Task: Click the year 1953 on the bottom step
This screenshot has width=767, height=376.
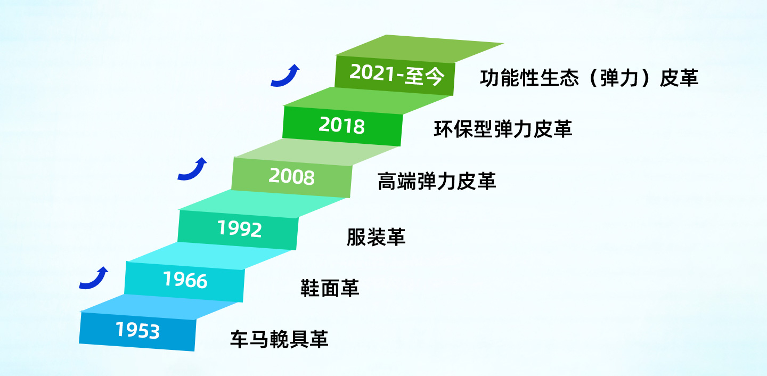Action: tap(137, 330)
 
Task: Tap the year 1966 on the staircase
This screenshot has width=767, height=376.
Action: tap(185, 280)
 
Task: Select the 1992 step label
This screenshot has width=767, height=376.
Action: tap(240, 228)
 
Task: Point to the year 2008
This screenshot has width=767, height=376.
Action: tap(291, 177)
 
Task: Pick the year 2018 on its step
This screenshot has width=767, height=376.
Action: tap(342, 125)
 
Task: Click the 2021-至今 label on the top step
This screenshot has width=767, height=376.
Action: tap(397, 74)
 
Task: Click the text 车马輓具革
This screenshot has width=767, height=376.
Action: tap(279, 339)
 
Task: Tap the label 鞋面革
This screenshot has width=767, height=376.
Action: tap(330, 288)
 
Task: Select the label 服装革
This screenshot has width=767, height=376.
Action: tap(376, 237)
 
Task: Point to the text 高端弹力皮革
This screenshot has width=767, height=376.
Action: tap(437, 181)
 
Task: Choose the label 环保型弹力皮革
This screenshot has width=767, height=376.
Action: tap(503, 129)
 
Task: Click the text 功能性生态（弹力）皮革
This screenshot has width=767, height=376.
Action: tap(589, 78)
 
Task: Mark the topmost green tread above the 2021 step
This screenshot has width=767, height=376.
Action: tap(420, 49)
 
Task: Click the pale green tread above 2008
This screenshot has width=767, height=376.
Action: tap(317, 152)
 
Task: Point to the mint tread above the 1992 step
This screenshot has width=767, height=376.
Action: tap(262, 204)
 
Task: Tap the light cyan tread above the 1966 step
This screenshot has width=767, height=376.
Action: tap(209, 256)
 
